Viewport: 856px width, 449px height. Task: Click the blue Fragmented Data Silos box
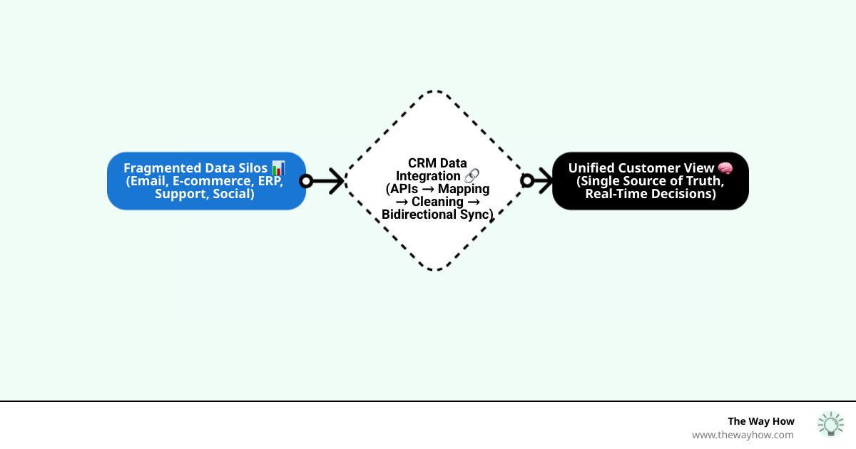pyautogui.click(x=206, y=181)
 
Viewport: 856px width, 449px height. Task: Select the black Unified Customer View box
pyautogui.click(x=650, y=181)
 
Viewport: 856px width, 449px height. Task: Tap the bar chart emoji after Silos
pyautogui.click(x=278, y=168)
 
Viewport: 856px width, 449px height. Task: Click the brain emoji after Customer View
pyautogui.click(x=725, y=168)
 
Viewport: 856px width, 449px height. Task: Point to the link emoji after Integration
pyautogui.click(x=472, y=176)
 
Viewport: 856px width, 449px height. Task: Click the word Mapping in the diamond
pyautogui.click(x=464, y=189)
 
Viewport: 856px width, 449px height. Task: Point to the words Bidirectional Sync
pyautogui.click(x=437, y=215)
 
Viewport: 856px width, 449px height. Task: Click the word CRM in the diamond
pyautogui.click(x=422, y=163)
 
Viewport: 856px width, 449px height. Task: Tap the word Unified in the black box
pyautogui.click(x=591, y=168)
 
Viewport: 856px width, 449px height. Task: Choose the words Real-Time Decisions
pyautogui.click(x=650, y=194)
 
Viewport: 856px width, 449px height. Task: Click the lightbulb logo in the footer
pyautogui.click(x=830, y=424)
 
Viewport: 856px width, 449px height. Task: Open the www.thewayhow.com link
pyautogui.click(x=742, y=435)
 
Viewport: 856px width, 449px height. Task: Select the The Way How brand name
pyautogui.click(x=760, y=421)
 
